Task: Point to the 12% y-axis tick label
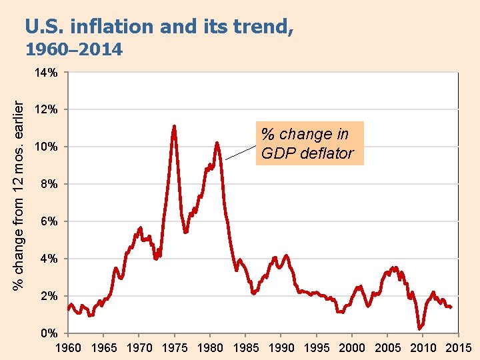[46, 109]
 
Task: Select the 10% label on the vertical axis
[46, 147]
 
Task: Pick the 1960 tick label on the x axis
[67, 347]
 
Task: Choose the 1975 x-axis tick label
[174, 347]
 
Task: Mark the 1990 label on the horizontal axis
[281, 347]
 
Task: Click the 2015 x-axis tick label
[458, 347]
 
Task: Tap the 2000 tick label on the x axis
[352, 347]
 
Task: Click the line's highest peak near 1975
[174, 126]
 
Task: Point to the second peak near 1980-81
[217, 143]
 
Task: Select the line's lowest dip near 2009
[419, 328]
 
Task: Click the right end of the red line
[451, 307]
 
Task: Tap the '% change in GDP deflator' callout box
[309, 143]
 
